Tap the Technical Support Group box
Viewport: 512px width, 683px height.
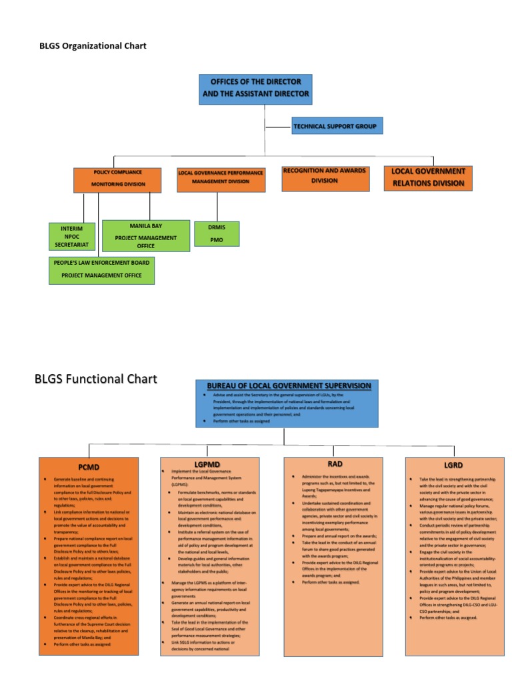337,125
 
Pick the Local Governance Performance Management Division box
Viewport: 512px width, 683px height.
221,177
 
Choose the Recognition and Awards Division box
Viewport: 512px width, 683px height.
325,176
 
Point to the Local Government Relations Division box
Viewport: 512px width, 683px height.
428,177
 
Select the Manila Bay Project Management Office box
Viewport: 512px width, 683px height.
146,236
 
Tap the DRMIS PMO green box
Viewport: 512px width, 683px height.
217,233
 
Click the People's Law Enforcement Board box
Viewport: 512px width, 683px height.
101,269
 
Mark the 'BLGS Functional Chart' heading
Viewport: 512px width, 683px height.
95,380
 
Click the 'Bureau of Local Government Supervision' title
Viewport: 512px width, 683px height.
289,386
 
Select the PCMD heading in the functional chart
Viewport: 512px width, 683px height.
89,468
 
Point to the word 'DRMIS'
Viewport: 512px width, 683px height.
217,227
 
